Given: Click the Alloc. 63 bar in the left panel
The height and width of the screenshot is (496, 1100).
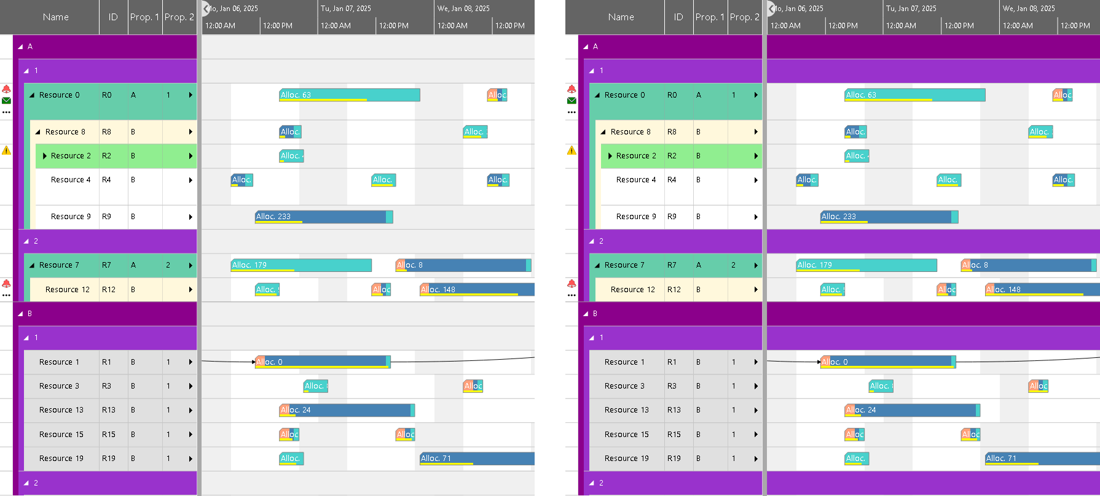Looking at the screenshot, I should (x=349, y=95).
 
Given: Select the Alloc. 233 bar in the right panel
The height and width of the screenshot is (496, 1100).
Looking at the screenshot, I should (x=889, y=217).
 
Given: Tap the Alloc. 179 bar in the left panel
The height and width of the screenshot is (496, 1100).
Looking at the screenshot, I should (x=301, y=265).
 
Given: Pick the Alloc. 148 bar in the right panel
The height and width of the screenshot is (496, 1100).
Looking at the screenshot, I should (x=1042, y=290).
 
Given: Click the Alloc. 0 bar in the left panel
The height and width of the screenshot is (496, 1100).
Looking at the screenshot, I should (x=323, y=362).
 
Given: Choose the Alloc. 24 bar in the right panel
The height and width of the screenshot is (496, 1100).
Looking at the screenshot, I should (x=912, y=410).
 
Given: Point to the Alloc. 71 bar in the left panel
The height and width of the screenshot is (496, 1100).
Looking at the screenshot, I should (x=476, y=459).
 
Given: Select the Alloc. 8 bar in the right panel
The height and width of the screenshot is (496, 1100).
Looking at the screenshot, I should (x=1029, y=265).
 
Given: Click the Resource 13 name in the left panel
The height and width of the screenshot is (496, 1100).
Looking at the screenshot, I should (x=61, y=410).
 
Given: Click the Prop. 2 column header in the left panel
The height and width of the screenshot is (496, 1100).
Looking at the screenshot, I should (x=179, y=17).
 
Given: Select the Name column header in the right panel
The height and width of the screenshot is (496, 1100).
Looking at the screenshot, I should (x=621, y=17).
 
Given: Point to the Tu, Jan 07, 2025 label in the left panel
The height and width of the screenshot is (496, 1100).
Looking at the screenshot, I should (x=346, y=9).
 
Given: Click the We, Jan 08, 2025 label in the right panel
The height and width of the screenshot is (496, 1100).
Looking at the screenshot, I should (x=1029, y=9).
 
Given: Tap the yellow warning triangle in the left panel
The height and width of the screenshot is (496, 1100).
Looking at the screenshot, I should (x=6, y=150).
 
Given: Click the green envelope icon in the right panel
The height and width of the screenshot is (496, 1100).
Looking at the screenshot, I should (x=572, y=101).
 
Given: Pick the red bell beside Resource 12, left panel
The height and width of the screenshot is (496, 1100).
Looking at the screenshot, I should (x=6, y=284).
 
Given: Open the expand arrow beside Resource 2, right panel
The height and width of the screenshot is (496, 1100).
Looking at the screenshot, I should (x=610, y=156).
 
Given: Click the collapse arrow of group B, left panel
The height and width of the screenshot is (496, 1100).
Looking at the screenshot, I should (x=20, y=314).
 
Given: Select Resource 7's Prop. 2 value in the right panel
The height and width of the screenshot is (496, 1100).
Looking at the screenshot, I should (x=733, y=265).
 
